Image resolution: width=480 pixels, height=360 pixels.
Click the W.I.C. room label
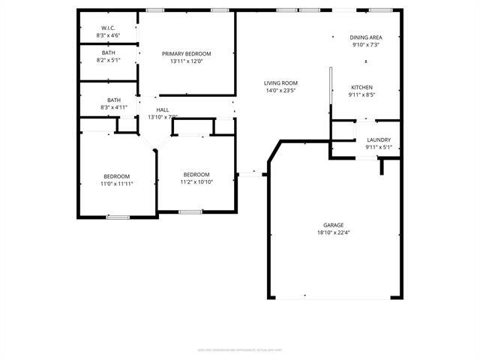(x=108, y=28)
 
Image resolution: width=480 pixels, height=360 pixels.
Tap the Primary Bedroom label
(x=187, y=53)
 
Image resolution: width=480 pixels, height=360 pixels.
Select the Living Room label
(x=280, y=82)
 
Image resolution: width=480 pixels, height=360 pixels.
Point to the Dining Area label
(x=366, y=37)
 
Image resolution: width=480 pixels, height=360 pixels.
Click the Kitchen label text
(x=361, y=87)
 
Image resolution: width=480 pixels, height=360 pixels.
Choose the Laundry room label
(x=378, y=139)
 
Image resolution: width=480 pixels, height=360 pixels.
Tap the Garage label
(x=333, y=225)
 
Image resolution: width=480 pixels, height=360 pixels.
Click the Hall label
(x=163, y=109)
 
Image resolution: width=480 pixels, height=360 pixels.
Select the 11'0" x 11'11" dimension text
(x=118, y=184)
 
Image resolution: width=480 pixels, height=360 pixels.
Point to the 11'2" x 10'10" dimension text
(x=196, y=181)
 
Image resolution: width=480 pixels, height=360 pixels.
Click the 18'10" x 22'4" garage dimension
(x=333, y=232)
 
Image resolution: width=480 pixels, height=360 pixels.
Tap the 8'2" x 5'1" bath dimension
(x=109, y=61)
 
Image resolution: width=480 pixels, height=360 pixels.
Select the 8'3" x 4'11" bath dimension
(x=113, y=108)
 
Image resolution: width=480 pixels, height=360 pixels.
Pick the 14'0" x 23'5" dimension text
(x=280, y=90)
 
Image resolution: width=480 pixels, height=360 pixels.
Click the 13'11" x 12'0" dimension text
(x=187, y=61)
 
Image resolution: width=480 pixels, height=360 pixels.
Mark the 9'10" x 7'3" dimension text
(x=366, y=44)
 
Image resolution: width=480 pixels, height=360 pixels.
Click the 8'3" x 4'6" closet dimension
(x=108, y=35)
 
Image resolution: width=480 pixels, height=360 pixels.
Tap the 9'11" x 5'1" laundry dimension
(x=378, y=147)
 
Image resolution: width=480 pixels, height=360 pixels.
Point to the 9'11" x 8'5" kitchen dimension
(x=361, y=95)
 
